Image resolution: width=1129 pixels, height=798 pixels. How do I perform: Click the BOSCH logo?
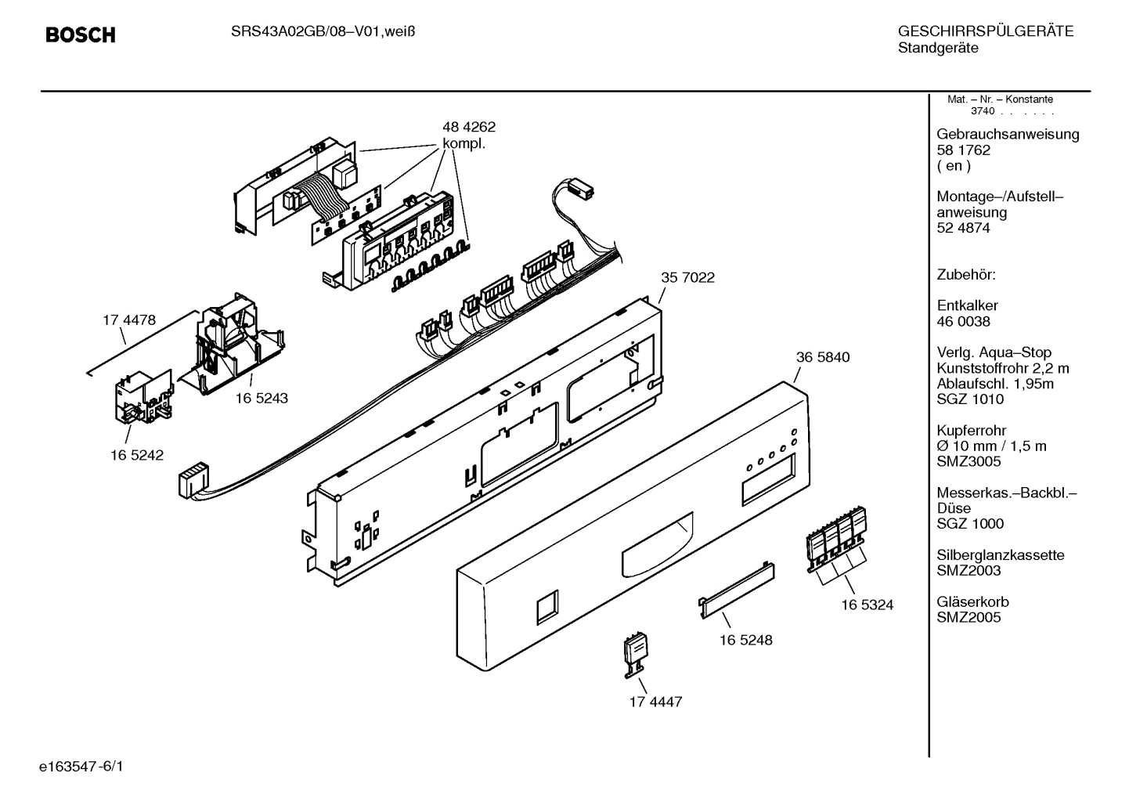80,35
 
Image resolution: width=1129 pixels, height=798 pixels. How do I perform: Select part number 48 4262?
468,127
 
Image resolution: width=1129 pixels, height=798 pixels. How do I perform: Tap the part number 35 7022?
687,277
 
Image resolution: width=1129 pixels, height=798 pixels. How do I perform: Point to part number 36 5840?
822,357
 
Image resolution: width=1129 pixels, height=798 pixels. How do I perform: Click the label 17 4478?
129,320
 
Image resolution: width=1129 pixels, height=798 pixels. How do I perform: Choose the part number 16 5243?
262,398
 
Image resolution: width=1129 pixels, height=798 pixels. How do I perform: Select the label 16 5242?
137,455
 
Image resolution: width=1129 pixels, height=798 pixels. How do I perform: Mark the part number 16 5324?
867,605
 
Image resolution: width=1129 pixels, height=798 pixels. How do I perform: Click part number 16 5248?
745,640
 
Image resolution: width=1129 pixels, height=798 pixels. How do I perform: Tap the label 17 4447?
655,702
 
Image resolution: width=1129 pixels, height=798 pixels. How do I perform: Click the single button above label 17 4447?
635,655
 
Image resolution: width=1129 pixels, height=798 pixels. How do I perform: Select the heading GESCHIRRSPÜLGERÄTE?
985,32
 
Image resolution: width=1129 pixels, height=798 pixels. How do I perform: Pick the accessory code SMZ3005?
968,461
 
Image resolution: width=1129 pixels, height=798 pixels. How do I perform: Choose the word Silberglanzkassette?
1001,555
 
